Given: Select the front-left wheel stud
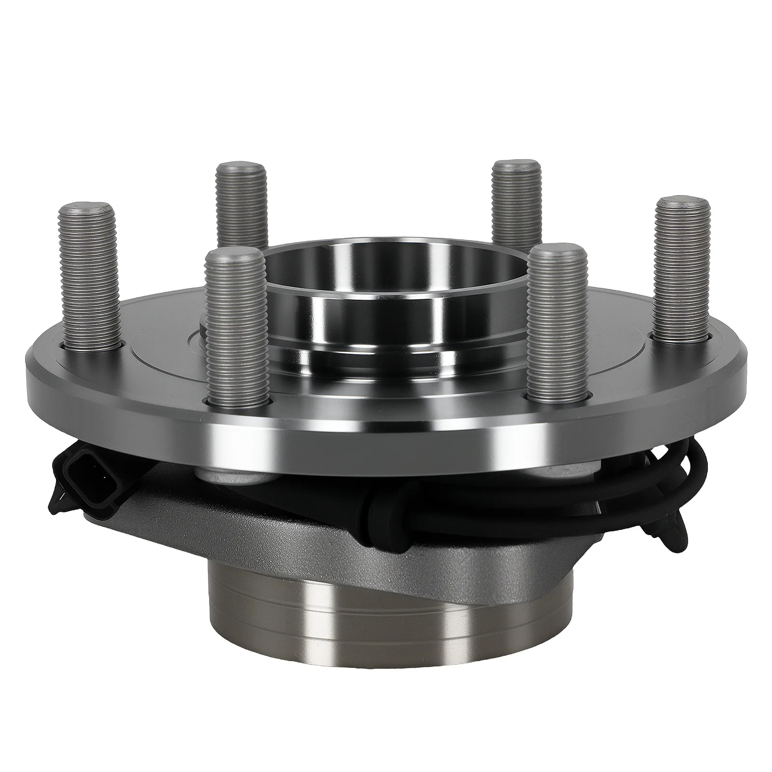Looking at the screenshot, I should tap(235, 328).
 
